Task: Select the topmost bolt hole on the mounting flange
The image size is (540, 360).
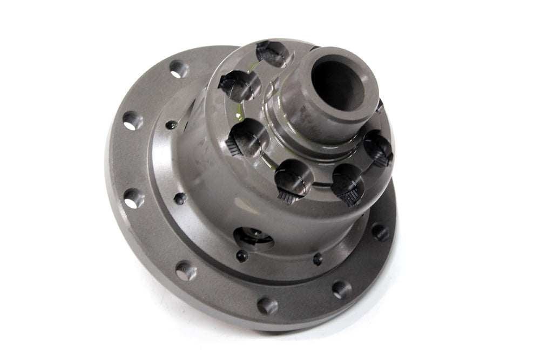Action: point(178,69)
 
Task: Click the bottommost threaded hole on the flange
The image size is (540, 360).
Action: point(267,305)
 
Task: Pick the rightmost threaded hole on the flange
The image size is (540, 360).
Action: point(380,232)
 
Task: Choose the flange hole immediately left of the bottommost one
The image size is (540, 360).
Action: point(185,270)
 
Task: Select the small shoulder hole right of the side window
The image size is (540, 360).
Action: point(318,259)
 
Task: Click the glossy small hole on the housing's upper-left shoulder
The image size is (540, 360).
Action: point(172,125)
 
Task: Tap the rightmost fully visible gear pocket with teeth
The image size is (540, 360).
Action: point(377,148)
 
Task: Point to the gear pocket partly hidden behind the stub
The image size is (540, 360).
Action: point(379,105)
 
